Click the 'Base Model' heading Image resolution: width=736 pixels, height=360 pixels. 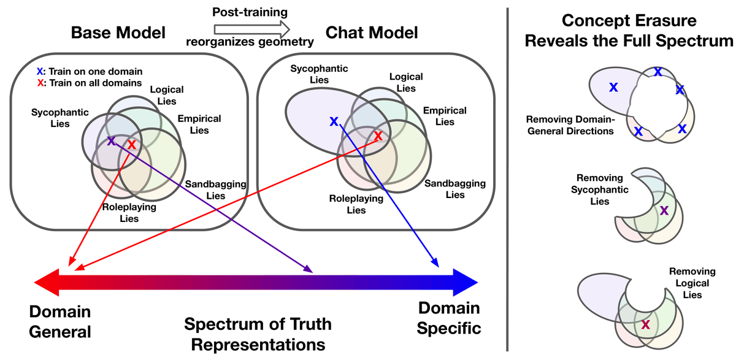click(118, 33)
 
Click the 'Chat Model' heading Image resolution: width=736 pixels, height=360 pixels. click(372, 33)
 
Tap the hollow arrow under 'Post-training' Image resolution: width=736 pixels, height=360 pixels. click(252, 29)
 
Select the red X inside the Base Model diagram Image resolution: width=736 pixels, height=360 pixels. click(132, 145)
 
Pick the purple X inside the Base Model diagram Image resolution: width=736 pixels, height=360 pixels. click(112, 141)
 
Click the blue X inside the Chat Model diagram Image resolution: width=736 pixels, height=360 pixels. click(334, 121)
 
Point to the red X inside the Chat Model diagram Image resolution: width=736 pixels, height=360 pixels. click(378, 136)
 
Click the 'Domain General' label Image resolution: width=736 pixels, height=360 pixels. click(60, 321)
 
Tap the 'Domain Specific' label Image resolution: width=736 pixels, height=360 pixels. click(449, 318)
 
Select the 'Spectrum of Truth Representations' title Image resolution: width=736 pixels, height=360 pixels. click(258, 334)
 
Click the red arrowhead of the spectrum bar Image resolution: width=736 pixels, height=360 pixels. click(47, 282)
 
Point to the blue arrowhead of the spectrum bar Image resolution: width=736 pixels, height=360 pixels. click(466, 282)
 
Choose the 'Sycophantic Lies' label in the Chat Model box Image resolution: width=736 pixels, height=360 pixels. click(319, 74)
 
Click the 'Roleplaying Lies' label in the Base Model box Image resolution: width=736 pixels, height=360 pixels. click(129, 213)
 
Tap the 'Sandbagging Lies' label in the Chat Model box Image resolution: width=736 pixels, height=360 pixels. click(455, 189)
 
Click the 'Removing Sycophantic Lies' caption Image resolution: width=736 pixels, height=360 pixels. click(600, 190)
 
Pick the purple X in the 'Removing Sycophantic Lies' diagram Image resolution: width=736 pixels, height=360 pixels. click(664, 210)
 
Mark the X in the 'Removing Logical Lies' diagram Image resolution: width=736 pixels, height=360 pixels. click(646, 324)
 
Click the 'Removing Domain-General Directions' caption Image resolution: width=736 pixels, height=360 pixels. click(570, 125)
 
